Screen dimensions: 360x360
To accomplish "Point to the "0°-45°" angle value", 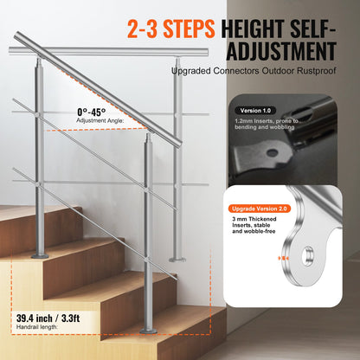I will pyautogui.click(x=93, y=112).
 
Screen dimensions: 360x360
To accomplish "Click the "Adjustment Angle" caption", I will pyautogui.click(x=100, y=122).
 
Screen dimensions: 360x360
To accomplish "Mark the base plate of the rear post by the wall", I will pyautogui.click(x=178, y=259).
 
